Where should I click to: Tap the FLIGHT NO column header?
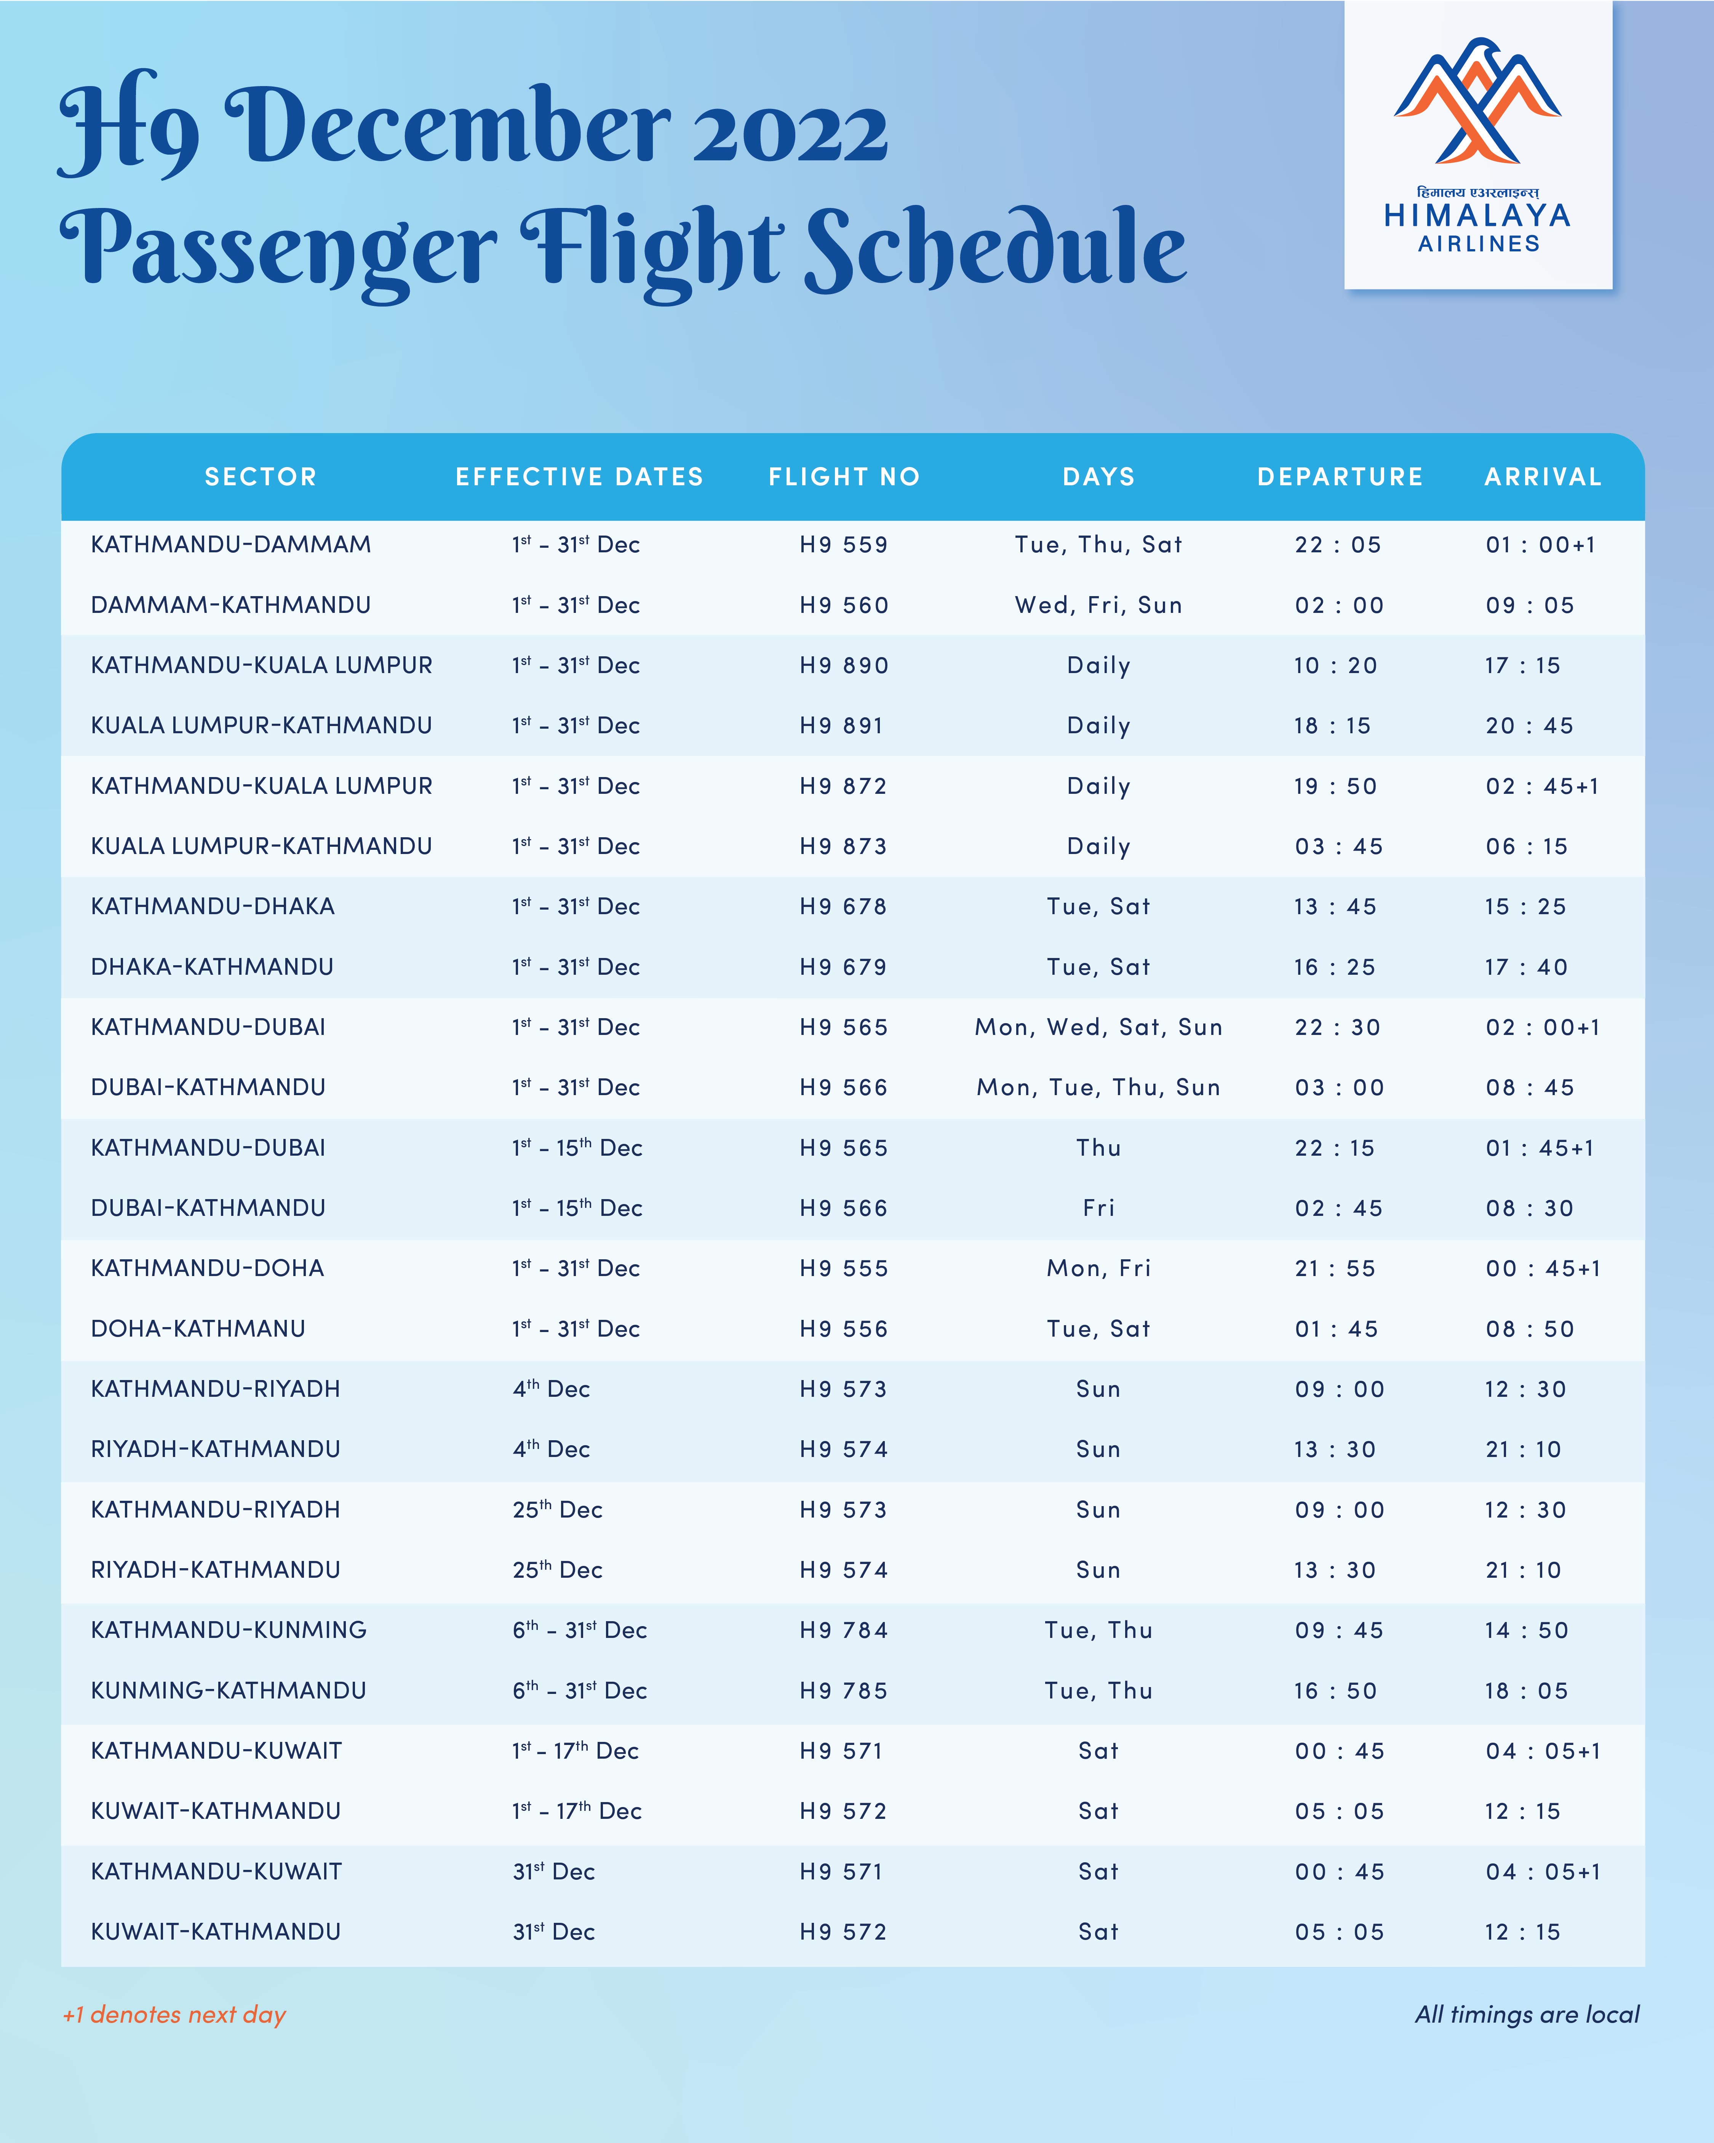pyautogui.click(x=844, y=477)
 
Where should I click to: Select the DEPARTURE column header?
pyautogui.click(x=1339, y=477)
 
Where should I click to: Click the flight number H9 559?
pyautogui.click(x=844, y=545)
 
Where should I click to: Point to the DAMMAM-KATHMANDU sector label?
pyautogui.click(x=231, y=605)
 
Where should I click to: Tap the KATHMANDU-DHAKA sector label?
pyautogui.click(x=213, y=907)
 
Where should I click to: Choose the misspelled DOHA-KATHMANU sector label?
pyautogui.click(x=198, y=1329)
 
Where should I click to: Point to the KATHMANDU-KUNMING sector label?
pyautogui.click(x=229, y=1630)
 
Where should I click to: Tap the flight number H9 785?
pyautogui.click(x=844, y=1691)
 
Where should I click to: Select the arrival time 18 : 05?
pyautogui.click(x=1526, y=1691)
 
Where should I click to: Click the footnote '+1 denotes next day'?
pyautogui.click(x=174, y=2015)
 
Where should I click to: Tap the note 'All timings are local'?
pyautogui.click(x=1527, y=2015)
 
